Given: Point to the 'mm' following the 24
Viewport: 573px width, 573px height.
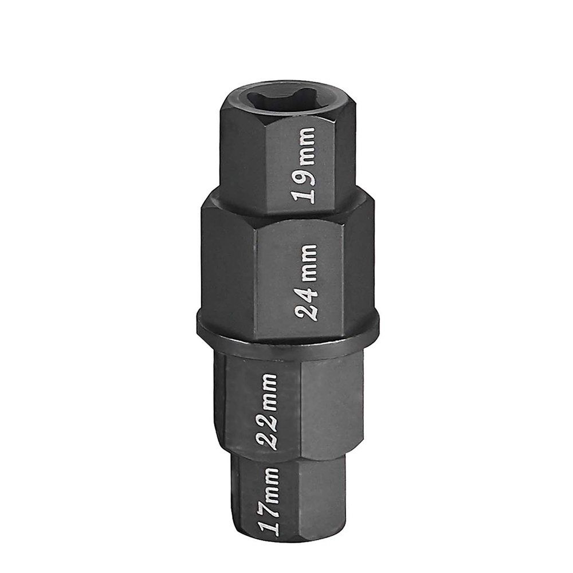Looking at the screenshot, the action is tap(307, 260).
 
